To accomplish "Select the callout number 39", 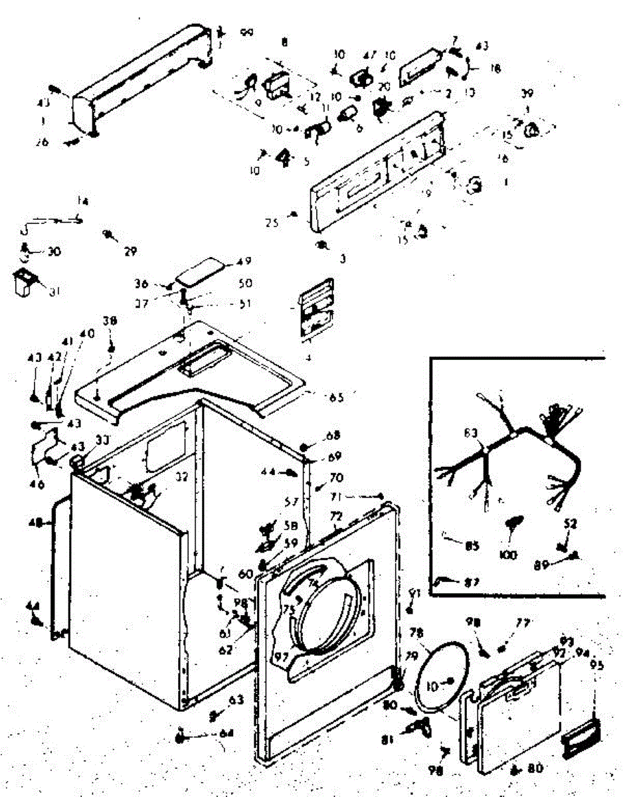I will (x=527, y=94).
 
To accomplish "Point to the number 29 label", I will (x=130, y=251).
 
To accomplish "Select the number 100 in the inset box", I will (x=510, y=555).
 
